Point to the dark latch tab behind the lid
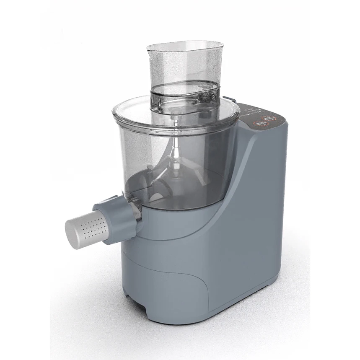coord(228,100)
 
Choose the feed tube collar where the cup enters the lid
coord(184,94)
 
